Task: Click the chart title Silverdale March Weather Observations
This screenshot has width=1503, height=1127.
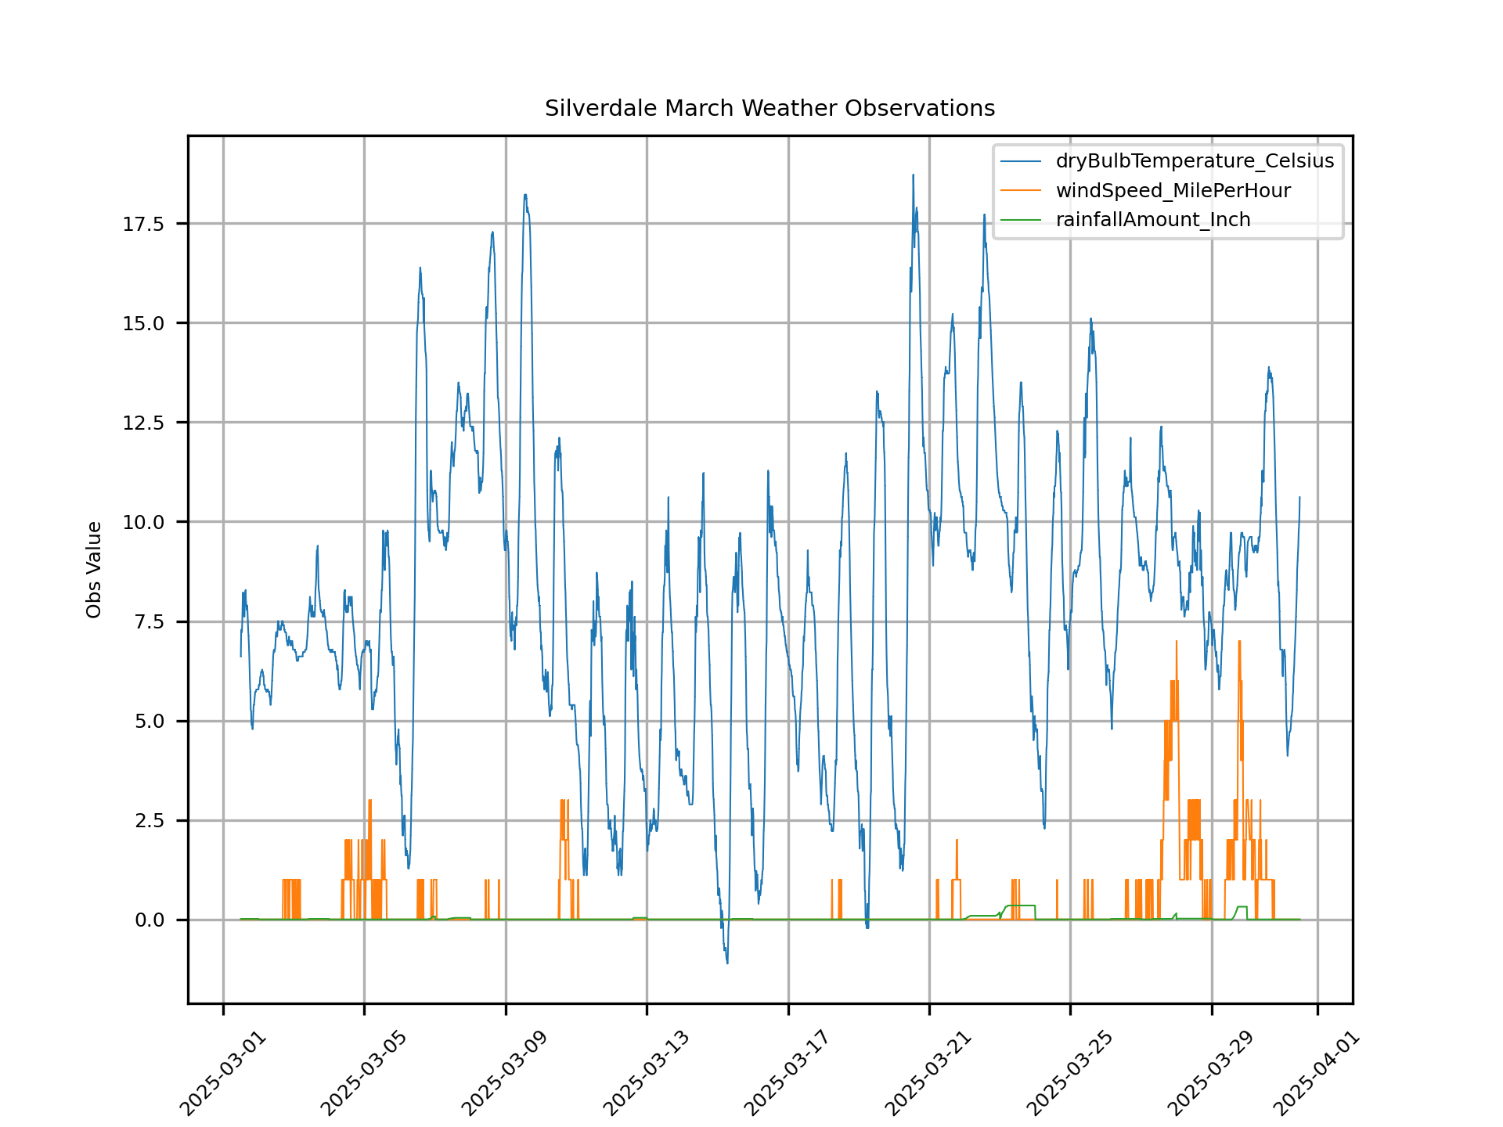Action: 770,108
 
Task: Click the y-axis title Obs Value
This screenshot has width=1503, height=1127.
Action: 94,570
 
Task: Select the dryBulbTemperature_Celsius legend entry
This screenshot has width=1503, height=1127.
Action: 1195,161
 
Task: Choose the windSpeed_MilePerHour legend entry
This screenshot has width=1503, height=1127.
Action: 1173,191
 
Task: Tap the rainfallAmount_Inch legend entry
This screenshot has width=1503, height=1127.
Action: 1152,220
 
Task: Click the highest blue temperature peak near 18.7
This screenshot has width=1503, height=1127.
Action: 913,175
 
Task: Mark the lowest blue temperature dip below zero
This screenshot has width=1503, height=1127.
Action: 727,963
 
